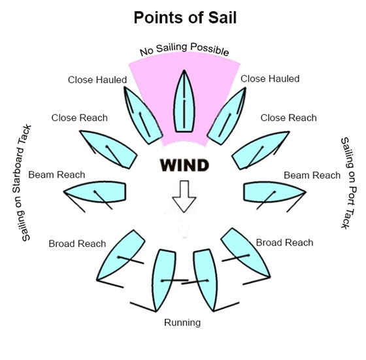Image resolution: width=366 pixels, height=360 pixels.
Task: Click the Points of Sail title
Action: pos(185,18)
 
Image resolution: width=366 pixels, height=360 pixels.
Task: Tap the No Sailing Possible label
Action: pos(184,48)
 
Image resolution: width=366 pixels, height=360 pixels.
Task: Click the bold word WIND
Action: pos(184,165)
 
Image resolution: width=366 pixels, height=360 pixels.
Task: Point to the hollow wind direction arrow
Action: pos(184,197)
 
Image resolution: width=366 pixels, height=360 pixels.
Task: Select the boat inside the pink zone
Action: pos(184,101)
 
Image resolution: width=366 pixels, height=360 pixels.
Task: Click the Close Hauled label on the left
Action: pos(97,80)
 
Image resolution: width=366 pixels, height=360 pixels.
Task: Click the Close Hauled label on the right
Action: pos(270,79)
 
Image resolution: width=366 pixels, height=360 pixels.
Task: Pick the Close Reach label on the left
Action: pos(80,118)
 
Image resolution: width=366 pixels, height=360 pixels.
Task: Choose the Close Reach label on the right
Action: pos(289,118)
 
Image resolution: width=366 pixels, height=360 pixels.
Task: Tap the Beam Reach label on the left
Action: pos(57,174)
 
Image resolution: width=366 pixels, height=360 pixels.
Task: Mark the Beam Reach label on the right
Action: pos(312,175)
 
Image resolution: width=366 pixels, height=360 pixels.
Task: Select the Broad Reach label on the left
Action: pos(77,244)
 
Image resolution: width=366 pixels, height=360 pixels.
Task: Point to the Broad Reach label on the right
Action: pos(284,242)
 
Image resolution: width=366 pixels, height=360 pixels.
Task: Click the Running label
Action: pos(182,323)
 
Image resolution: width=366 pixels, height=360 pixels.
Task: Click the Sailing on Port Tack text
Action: pos(349,183)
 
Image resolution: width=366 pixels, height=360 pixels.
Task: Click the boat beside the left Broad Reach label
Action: pos(122,255)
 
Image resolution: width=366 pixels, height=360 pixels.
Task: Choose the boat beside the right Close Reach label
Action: pos(260,150)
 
